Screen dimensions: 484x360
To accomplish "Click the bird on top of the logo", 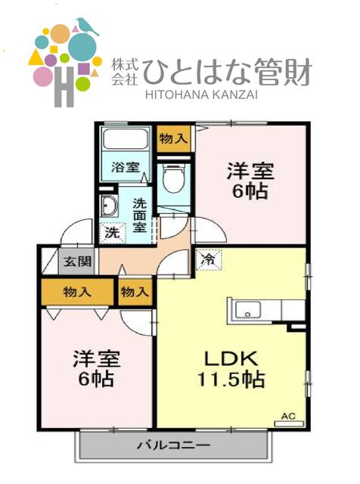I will tap(86, 26).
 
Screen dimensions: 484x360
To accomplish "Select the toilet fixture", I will tap(173, 179).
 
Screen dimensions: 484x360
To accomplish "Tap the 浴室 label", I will tap(126, 168).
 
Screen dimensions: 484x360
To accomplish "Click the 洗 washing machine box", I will tap(111, 231).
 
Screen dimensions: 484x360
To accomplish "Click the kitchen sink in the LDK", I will tap(249, 310).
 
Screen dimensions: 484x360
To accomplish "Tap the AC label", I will tap(288, 416).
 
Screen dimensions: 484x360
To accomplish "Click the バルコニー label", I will tap(173, 445).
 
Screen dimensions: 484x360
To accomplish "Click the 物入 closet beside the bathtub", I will tap(173, 138).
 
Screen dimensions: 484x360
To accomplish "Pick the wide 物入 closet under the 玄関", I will tap(78, 291).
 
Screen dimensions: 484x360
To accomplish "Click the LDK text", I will tap(230, 358).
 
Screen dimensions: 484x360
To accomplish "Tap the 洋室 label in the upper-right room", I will tap(250, 171).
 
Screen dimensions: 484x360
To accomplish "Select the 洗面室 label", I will tap(140, 214).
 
